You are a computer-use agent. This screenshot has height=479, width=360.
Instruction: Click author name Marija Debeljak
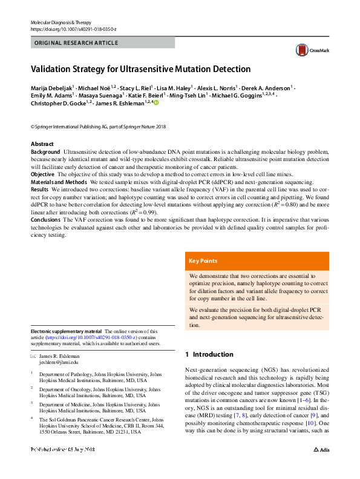(x=53, y=87)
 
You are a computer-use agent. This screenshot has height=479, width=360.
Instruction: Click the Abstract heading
(x=42, y=144)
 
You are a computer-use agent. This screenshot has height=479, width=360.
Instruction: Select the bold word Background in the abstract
(x=45, y=151)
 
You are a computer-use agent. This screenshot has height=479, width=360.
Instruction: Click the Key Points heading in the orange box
(x=203, y=261)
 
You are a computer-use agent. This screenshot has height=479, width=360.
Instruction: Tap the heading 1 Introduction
(x=209, y=354)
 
